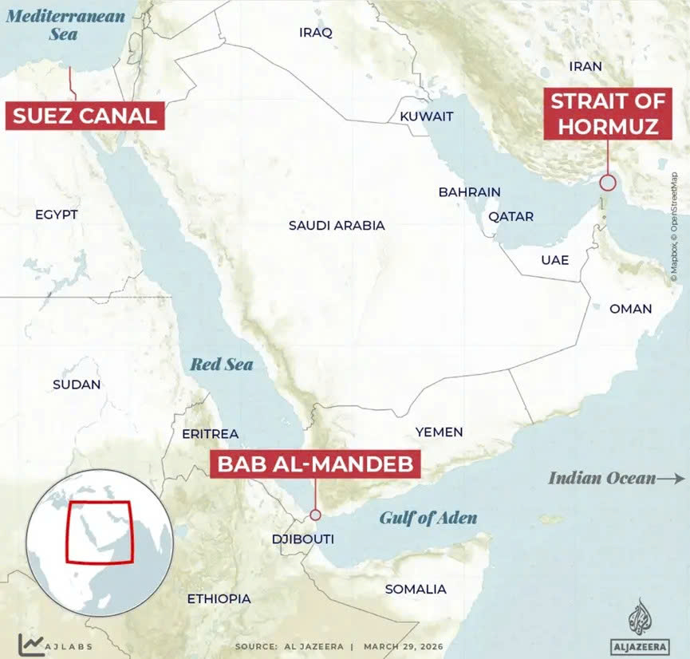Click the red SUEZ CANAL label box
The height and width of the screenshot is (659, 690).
coord(85,115)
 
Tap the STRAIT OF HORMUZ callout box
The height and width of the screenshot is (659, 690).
coord(605,114)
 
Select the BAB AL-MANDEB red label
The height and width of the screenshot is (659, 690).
coord(315,464)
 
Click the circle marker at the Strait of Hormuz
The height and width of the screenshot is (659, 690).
coord(608,182)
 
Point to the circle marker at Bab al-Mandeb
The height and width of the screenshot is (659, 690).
coord(316,515)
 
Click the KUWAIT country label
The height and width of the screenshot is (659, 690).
coord(426,116)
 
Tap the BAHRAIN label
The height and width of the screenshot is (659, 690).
coord(469,192)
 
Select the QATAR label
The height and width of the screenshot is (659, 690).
coord(506,216)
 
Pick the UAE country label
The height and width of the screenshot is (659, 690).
coord(554,260)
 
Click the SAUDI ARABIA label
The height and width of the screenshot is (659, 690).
coord(337,226)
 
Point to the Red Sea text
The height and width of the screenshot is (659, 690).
coord(221,365)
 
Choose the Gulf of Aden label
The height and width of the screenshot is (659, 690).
coord(428,519)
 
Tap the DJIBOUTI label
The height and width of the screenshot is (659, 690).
coord(302,540)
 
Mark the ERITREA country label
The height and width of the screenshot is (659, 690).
coord(210,433)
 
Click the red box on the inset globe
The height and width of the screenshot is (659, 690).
coord(100,532)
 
